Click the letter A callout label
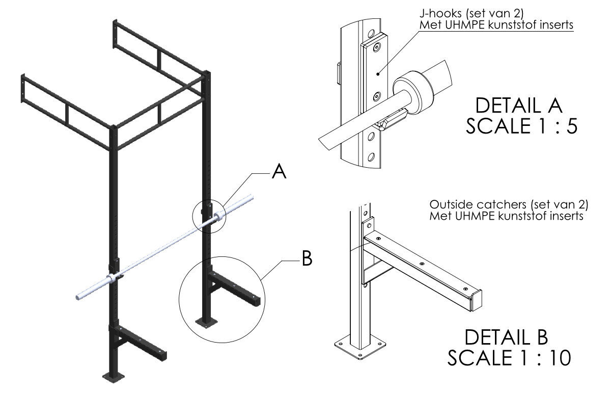click(x=279, y=172)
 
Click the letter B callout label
click(x=307, y=258)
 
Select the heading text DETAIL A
click(x=518, y=106)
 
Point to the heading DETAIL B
click(x=506, y=337)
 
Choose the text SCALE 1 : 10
click(x=509, y=358)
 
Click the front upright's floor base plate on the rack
click(x=113, y=377)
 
